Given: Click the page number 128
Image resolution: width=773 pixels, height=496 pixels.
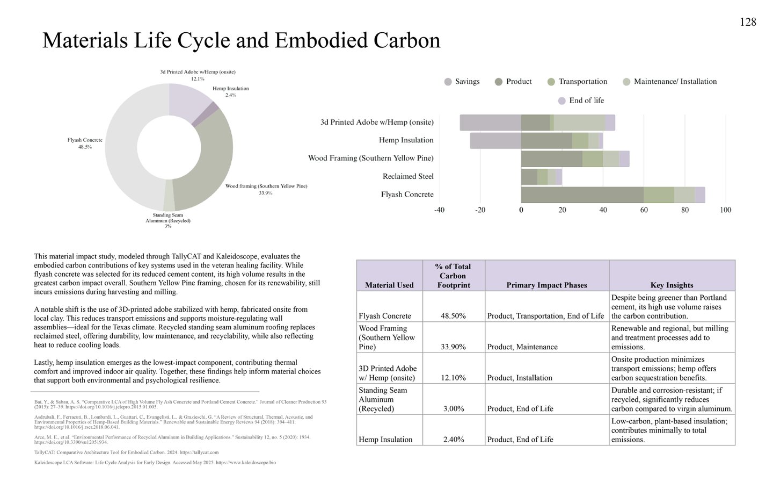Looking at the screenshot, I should pos(748,22).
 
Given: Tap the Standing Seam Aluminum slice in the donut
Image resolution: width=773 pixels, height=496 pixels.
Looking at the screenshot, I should pos(169,203).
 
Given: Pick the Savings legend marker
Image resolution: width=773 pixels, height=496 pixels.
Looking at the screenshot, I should pos(448,82).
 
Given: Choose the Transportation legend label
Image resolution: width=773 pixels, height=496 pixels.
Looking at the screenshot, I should pos(582,82).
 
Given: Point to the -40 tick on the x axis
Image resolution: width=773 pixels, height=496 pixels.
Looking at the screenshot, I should pos(439,210).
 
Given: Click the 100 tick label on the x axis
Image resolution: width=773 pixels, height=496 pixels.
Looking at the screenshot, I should pos(725,210).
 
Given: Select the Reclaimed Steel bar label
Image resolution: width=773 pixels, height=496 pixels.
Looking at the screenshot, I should pos(408,176).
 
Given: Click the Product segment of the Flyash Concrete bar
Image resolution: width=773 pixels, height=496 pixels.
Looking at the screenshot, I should pos(582,195).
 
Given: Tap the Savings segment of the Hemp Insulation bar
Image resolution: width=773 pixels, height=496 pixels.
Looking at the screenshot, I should pos(495,141).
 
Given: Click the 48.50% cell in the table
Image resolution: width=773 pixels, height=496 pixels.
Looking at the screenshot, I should pos(453,316).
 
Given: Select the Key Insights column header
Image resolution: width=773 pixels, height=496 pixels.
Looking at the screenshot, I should pos(672,285).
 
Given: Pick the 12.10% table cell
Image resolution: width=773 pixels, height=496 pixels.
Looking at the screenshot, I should pos(453,378).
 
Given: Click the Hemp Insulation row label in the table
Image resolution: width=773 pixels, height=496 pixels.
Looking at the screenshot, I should pos(385,440).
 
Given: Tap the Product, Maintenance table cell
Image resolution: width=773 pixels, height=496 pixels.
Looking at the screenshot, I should pos(522,347).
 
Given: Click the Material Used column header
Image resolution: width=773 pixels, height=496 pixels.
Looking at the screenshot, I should pos(389,285).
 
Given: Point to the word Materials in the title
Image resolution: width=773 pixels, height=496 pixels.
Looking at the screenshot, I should pos(84,41).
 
